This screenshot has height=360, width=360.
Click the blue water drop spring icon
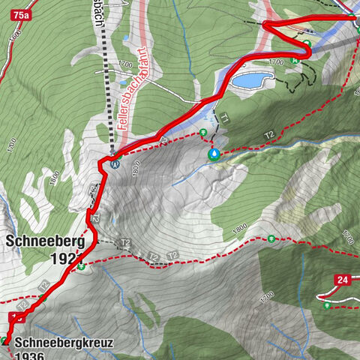[x=215, y=154]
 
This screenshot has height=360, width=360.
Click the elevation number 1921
[x=66, y=259]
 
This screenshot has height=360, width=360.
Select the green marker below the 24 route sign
[x=326, y=305]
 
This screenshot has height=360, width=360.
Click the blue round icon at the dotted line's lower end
[x=114, y=164]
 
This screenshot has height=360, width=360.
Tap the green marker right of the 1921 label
[x=80, y=265]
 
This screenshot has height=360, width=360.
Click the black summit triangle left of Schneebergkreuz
[x=5, y=341]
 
